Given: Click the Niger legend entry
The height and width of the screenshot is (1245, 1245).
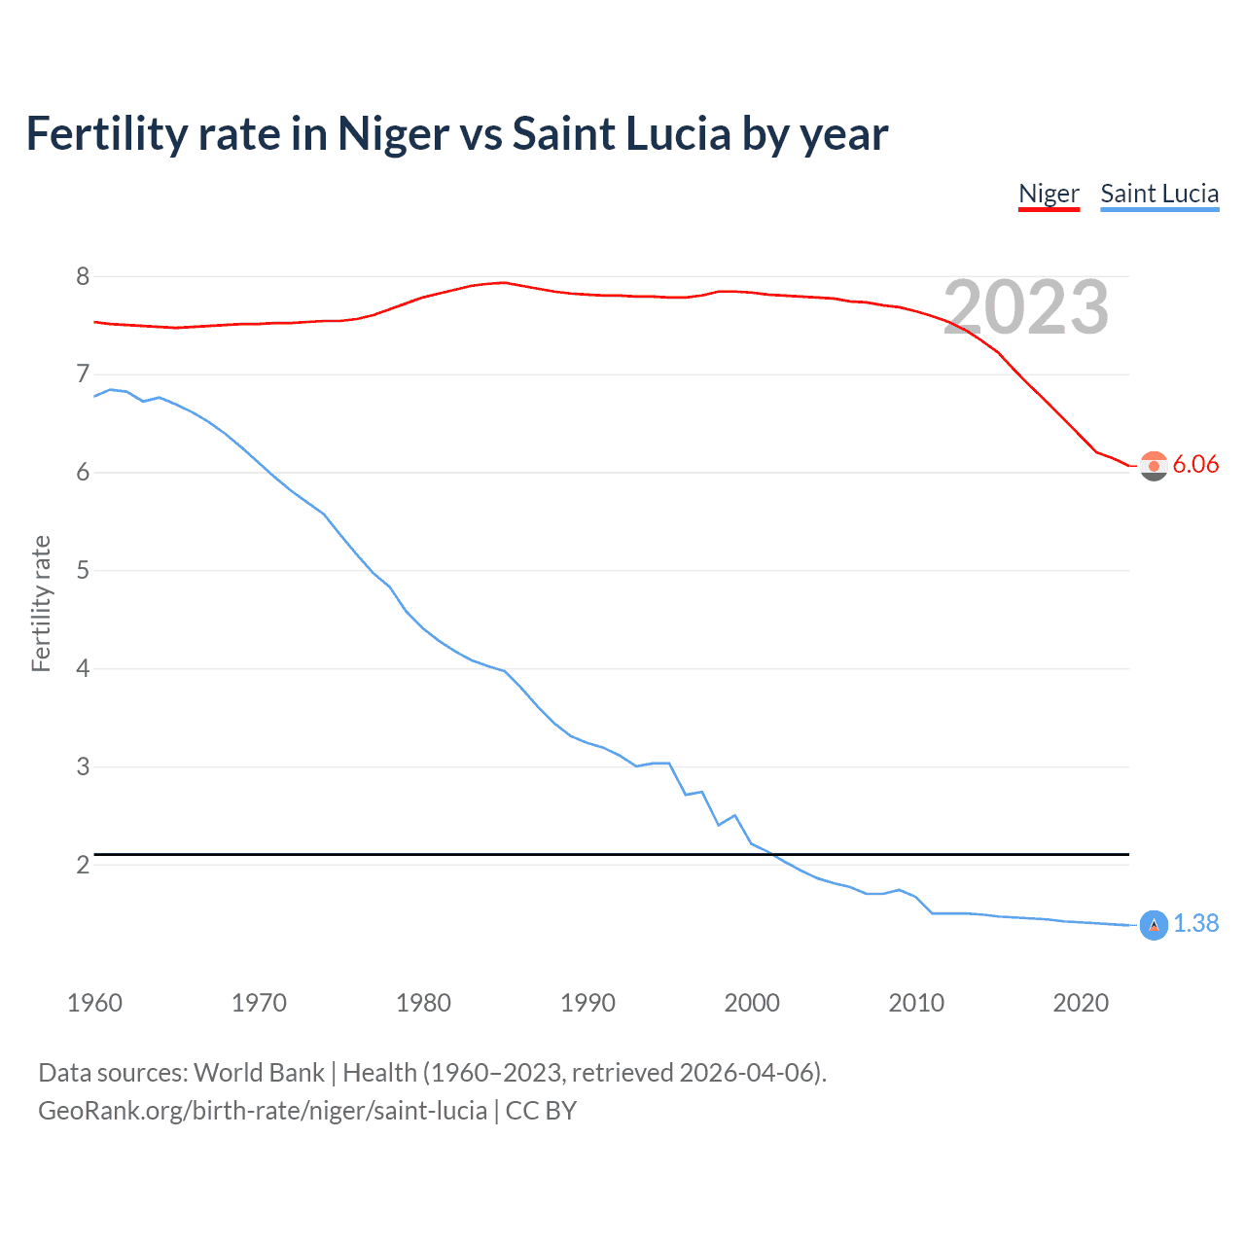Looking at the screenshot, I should click(x=1049, y=194).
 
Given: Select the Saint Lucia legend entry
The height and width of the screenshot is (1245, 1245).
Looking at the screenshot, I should click(x=1159, y=194).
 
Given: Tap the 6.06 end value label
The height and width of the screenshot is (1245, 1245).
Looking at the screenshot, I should click(x=1195, y=464).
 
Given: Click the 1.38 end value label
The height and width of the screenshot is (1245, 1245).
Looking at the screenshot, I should click(x=1195, y=923).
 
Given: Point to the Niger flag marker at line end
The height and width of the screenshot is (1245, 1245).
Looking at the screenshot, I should click(x=1154, y=466).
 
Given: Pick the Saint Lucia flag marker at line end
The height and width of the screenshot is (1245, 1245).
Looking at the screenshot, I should click(x=1154, y=925).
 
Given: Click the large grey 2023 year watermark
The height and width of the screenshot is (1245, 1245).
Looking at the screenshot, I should click(x=1026, y=307).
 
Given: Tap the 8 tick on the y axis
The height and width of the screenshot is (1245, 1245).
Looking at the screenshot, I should click(x=83, y=276).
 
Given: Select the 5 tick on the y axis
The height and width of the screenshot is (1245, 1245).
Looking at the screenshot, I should click(x=83, y=570).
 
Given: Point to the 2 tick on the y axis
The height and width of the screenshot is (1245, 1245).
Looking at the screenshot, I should click(x=83, y=865).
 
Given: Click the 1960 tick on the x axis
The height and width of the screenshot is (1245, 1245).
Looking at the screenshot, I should click(x=94, y=1003).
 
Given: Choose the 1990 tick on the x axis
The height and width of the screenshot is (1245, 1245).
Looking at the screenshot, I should click(x=587, y=1003).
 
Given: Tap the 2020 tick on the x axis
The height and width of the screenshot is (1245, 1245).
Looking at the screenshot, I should click(x=1081, y=1003).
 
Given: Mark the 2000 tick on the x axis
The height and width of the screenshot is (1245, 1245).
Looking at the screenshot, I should click(x=752, y=1003).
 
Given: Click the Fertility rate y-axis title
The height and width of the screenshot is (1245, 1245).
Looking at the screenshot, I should click(x=41, y=603).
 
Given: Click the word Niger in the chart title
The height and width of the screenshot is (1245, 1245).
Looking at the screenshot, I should click(x=394, y=134).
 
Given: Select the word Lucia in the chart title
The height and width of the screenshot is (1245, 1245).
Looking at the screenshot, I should click(x=678, y=134).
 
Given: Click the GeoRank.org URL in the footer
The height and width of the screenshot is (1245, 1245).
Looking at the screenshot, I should click(x=263, y=1111).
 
